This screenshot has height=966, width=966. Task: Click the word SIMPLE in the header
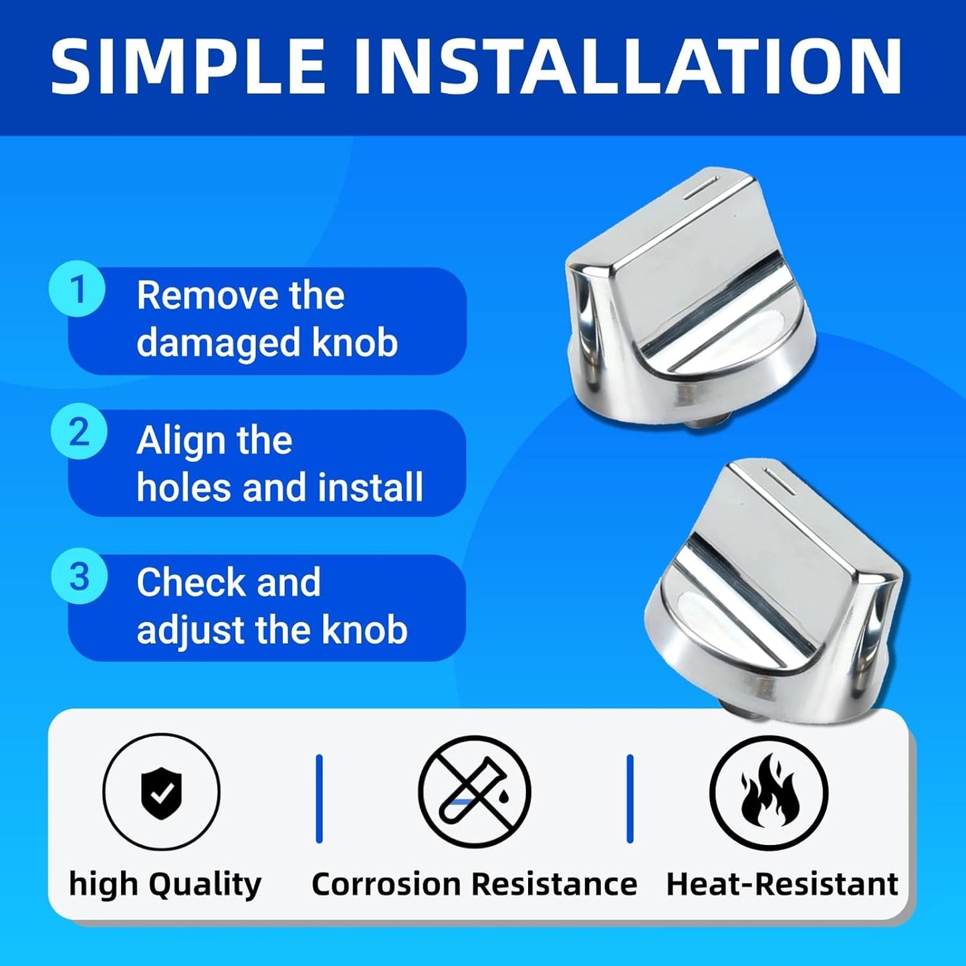(187, 66)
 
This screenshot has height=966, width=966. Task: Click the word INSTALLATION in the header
(628, 66)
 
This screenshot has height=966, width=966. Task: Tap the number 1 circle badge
(77, 289)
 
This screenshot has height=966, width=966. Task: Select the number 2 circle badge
(79, 432)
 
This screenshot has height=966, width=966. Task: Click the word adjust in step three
(191, 631)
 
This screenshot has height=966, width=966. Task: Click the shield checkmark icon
(161, 793)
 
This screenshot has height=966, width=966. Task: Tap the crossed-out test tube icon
(474, 792)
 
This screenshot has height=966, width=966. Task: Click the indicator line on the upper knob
(701, 187)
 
